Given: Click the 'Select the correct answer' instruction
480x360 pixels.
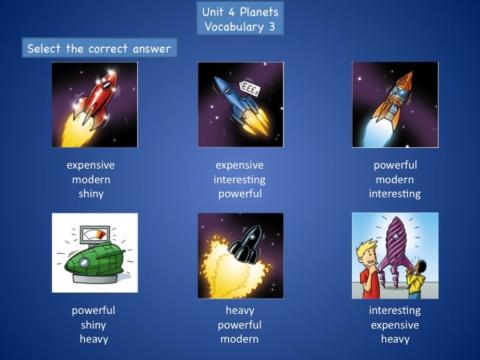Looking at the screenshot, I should (98, 48).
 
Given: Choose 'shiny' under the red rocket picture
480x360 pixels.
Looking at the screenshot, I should (91, 194).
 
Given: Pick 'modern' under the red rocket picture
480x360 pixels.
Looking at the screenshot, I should (91, 180).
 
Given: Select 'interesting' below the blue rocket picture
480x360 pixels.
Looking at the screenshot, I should (239, 180).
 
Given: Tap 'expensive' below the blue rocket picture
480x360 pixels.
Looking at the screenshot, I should (239, 165).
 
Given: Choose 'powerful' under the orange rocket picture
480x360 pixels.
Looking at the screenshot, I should (395, 165).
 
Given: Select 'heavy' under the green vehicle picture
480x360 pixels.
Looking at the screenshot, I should (93, 339).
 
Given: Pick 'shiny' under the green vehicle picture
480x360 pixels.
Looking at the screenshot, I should (93, 325).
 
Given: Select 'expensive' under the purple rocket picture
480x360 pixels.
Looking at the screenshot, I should (395, 325).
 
